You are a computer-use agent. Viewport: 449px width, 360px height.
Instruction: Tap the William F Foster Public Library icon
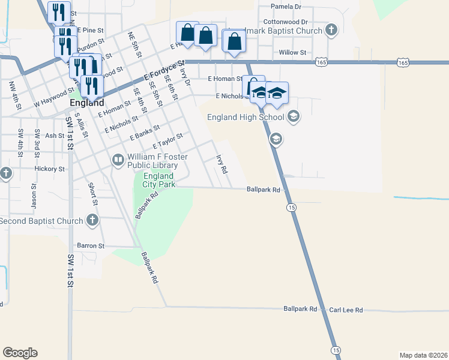(118, 160)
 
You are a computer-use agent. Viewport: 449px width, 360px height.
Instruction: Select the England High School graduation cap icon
(294, 116)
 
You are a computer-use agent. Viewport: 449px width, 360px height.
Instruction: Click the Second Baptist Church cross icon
(92, 221)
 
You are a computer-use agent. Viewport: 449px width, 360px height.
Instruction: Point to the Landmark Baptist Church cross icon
(331, 30)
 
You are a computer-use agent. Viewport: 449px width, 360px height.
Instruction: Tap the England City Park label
(158, 180)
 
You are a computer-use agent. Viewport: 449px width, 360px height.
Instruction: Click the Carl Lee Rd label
(346, 310)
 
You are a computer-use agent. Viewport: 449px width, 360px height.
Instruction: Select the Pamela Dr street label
(286, 7)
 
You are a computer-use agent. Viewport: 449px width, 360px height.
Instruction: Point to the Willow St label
(293, 53)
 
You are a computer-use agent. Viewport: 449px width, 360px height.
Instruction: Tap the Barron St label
(91, 246)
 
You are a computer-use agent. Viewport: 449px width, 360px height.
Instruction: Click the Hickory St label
(50, 169)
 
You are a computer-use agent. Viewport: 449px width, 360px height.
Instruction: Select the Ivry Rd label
(222, 164)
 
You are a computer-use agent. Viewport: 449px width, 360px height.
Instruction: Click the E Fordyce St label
(164, 70)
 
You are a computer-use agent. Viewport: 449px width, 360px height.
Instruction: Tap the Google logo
(20, 353)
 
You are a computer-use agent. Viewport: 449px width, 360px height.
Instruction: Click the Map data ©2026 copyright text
(423, 355)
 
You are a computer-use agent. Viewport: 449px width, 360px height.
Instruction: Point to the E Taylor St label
(167, 142)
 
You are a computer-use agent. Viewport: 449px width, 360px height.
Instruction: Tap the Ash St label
(55, 136)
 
